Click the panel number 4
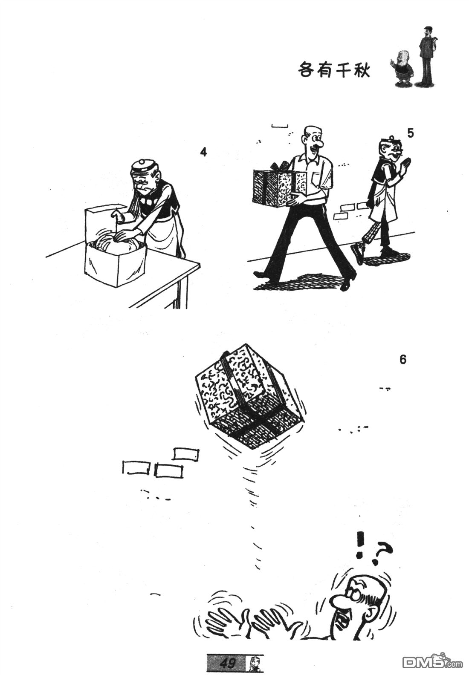pos(203,153)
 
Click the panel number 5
pos(410,133)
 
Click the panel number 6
pos(402,360)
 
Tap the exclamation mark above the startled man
pos(359,545)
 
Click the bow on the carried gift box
pos(279,166)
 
